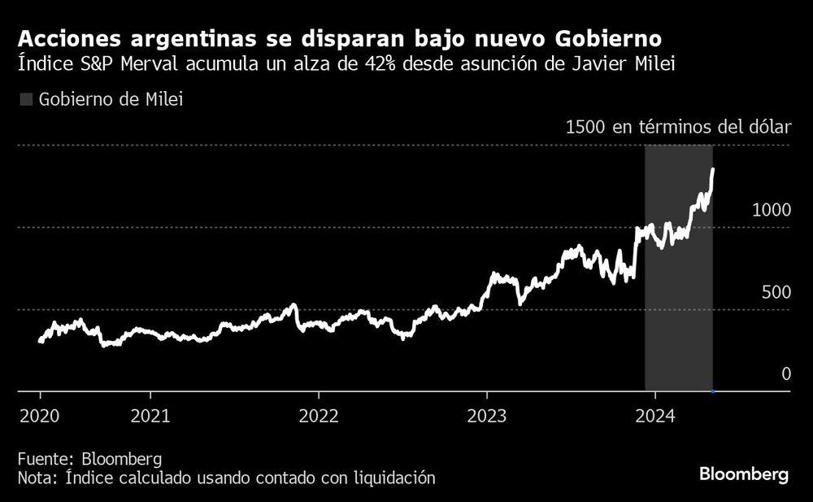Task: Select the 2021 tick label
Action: [150, 416]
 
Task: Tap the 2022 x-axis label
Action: [318, 416]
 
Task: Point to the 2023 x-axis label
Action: [486, 416]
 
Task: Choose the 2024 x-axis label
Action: [655, 416]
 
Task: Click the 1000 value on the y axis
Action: [772, 209]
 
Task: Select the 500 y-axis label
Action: [776, 291]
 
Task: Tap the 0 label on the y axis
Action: [785, 373]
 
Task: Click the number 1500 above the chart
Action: [585, 127]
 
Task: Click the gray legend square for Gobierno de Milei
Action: [25, 99]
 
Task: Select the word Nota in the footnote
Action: [35, 478]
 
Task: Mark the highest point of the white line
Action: [713, 169]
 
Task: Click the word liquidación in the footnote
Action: [392, 478]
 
